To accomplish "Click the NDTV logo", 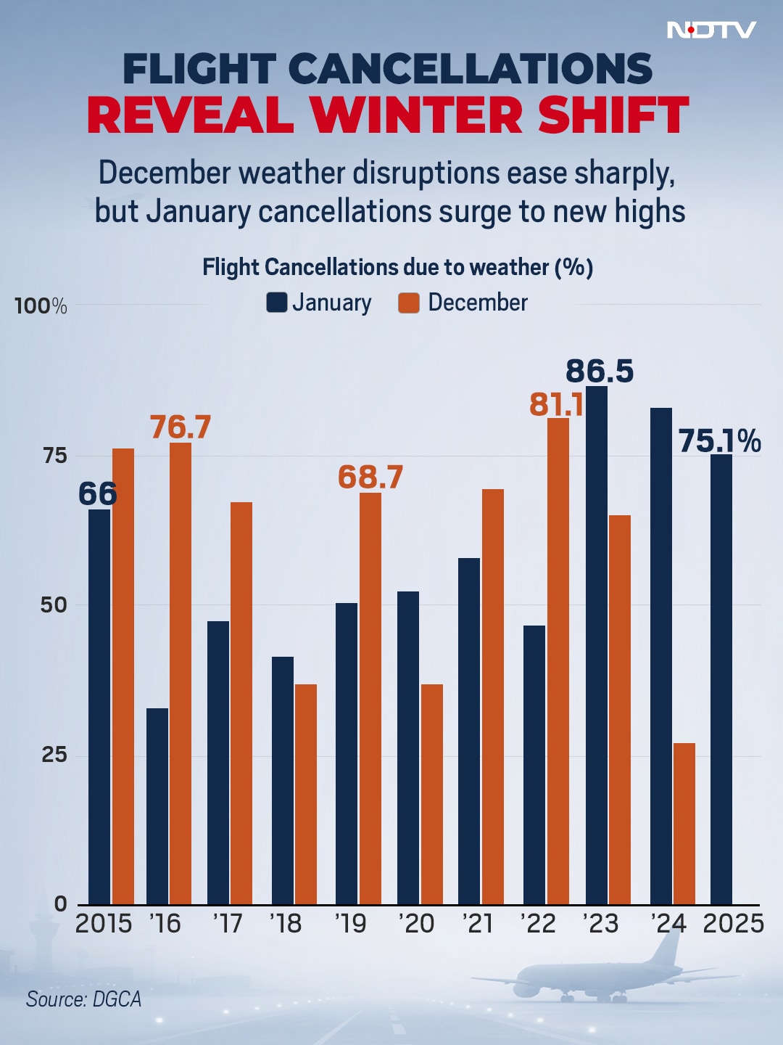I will (x=711, y=30).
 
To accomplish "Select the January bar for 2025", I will (x=721, y=679).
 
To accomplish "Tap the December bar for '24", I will (x=684, y=824).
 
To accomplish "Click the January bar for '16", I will (x=157, y=806).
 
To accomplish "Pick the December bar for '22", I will (x=558, y=660).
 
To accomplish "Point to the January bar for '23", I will (x=597, y=646).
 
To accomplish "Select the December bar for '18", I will (x=306, y=794).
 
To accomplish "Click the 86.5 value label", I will (x=600, y=371).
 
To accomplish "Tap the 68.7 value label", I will (x=370, y=477).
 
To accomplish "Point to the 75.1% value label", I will (x=719, y=440).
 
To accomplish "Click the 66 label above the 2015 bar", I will (x=97, y=494).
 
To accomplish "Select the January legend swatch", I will (x=277, y=303).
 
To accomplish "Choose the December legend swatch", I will (x=409, y=303).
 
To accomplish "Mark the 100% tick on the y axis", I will (x=41, y=306).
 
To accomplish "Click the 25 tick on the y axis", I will (x=54, y=755).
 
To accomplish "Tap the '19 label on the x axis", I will (x=350, y=924).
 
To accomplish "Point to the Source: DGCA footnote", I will (x=83, y=999).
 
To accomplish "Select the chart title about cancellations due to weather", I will (x=397, y=267).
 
